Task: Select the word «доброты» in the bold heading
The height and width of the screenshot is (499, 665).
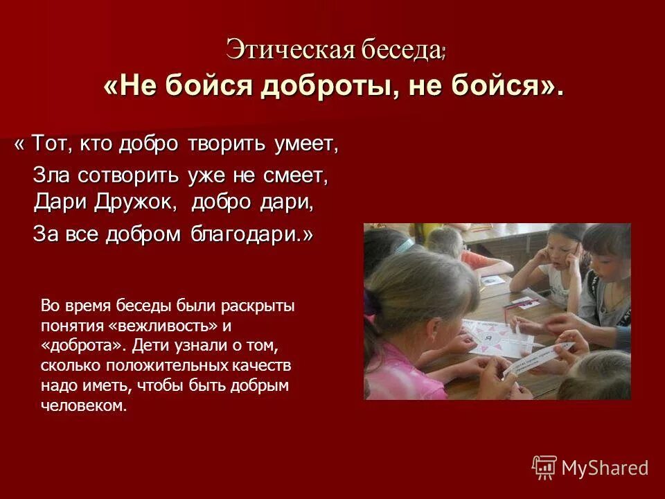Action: [x=323, y=87]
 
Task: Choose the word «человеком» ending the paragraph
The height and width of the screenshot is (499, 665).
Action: [x=84, y=405]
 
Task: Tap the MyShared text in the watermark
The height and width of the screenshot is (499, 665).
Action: [x=605, y=468]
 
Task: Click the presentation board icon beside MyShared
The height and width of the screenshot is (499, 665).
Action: [x=544, y=467]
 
